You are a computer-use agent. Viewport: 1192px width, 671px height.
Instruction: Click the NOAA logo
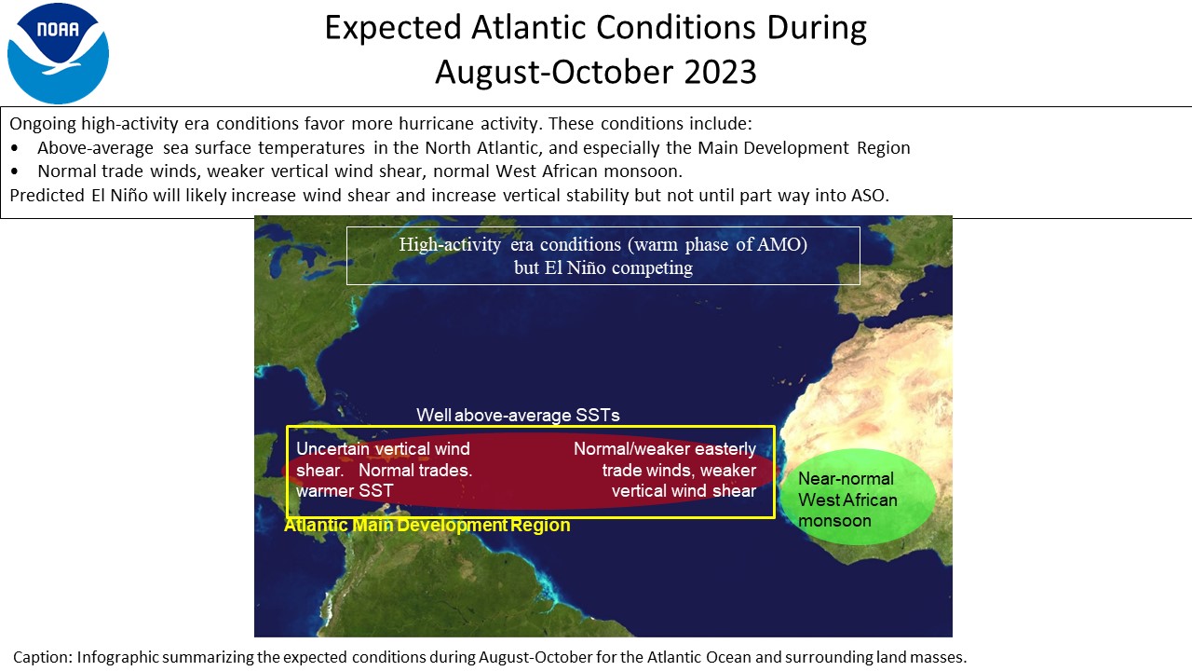tap(58, 53)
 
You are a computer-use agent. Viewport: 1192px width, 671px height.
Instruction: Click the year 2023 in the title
tap(720, 72)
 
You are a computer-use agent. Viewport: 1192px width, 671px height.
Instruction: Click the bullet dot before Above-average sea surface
tap(14, 148)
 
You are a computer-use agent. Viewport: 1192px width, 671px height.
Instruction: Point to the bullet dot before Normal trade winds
tap(14, 171)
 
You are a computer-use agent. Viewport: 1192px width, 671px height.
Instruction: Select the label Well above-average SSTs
tap(518, 415)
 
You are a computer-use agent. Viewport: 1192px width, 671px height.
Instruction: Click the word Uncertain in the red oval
tap(332, 449)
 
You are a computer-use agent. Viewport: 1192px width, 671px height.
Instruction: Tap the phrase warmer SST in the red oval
tap(345, 490)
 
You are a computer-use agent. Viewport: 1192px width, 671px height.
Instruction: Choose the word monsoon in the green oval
tap(834, 520)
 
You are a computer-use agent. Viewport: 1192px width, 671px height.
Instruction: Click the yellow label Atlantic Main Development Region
tap(427, 525)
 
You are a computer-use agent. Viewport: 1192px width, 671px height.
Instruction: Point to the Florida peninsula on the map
tap(314, 383)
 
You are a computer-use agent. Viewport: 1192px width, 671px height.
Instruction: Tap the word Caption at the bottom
tap(43, 657)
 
